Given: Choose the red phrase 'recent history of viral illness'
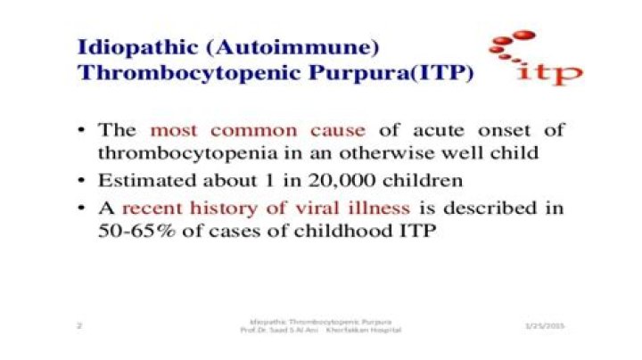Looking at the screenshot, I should (266, 210).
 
